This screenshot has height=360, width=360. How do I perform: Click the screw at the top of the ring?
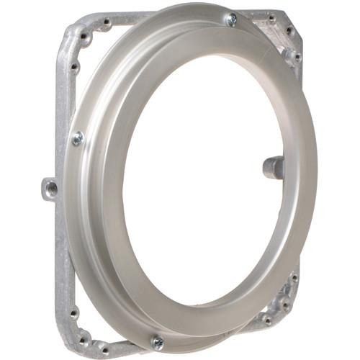[231, 20]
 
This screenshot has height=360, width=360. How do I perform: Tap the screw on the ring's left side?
[78, 138]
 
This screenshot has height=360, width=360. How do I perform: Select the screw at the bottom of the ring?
[157, 342]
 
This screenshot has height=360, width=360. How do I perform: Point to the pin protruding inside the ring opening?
[272, 167]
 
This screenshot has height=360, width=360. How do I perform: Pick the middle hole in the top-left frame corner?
[86, 36]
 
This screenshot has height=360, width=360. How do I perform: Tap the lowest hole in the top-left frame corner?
[73, 67]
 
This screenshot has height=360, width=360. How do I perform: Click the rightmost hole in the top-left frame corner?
[107, 23]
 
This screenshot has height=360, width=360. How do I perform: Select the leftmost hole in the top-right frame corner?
[271, 18]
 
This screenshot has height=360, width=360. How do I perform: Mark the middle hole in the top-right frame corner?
[289, 31]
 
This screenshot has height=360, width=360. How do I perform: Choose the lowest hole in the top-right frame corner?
[295, 55]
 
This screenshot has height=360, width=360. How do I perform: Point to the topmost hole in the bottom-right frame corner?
[293, 277]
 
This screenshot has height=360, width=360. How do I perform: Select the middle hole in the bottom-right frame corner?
[286, 305]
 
